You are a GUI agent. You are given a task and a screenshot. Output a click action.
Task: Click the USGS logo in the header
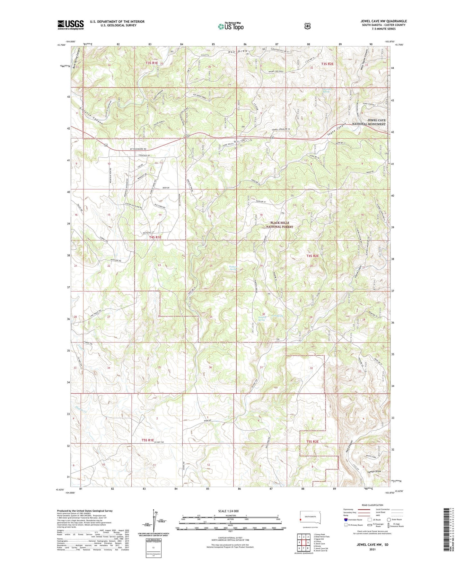71,25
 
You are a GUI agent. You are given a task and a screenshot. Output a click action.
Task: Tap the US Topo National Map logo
230,26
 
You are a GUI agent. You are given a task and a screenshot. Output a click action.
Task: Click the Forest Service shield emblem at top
307,26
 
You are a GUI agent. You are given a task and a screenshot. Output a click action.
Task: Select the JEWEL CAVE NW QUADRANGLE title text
383,21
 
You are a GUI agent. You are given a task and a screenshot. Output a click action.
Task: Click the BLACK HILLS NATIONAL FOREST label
279,225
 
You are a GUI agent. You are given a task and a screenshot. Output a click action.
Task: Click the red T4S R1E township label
155,237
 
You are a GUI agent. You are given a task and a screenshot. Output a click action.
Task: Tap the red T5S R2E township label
312,441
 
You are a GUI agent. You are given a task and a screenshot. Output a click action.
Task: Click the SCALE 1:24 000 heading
228,511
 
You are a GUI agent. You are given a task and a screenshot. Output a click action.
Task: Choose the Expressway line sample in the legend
365,509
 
